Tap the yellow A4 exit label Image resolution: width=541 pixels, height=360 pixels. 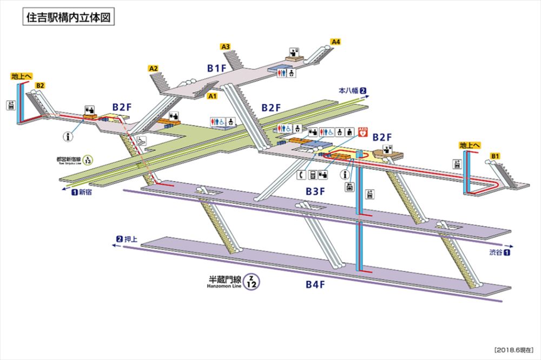336,42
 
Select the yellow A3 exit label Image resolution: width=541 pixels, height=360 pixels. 226,47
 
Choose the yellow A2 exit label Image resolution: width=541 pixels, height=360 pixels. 153,69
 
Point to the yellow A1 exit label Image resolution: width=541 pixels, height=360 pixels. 213,96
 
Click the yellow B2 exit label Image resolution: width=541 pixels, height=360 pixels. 39,85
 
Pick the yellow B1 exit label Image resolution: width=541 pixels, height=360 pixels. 494,157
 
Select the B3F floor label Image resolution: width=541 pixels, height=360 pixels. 315,190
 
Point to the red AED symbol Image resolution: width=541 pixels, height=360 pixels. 363,131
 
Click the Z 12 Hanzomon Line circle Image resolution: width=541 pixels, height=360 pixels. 251,281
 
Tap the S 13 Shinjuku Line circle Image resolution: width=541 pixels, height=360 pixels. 90,160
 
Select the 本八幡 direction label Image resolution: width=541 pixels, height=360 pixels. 349,90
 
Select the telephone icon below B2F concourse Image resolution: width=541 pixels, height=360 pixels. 301,174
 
